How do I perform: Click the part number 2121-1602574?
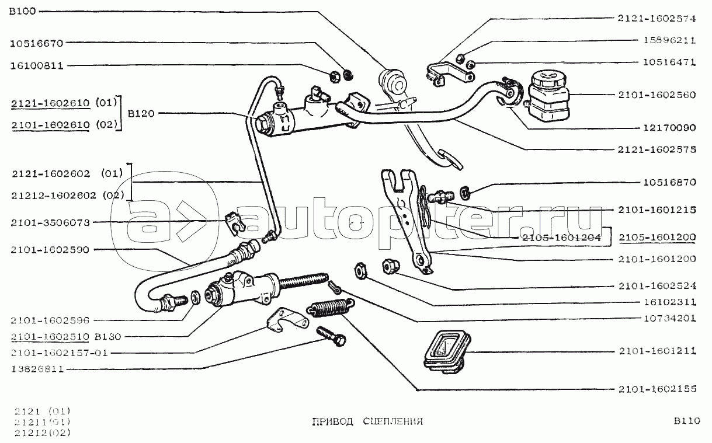click(x=657, y=19)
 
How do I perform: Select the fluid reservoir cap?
click(x=548, y=79)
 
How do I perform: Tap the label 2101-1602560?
click(x=657, y=95)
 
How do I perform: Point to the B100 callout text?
click(x=23, y=12)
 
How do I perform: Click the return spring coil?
click(x=331, y=307)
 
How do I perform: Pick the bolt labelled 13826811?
click(x=331, y=337)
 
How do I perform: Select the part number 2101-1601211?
click(x=657, y=351)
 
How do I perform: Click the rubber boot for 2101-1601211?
click(x=447, y=351)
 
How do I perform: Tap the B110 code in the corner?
click(x=686, y=421)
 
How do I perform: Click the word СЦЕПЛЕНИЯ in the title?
click(x=393, y=421)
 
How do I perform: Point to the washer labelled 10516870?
click(x=465, y=193)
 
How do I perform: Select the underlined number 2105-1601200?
click(x=657, y=237)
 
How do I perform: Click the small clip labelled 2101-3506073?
click(x=235, y=224)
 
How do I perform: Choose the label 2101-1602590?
click(x=50, y=250)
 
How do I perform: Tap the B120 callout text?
click(x=141, y=113)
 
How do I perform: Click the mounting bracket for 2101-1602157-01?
click(x=287, y=320)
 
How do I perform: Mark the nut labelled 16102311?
click(x=361, y=271)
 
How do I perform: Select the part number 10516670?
click(x=37, y=43)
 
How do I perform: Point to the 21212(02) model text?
click(x=42, y=432)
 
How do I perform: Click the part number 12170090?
click(x=669, y=128)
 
